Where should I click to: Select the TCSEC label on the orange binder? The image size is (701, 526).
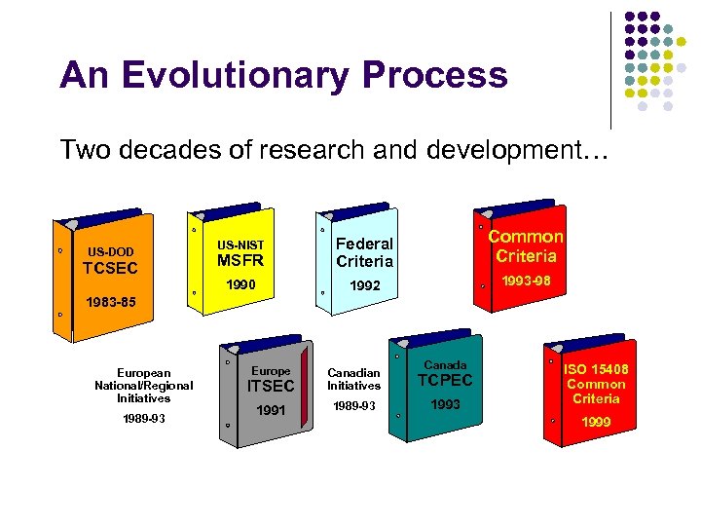click(x=110, y=268)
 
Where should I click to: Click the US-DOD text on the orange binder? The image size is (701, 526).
click(x=110, y=251)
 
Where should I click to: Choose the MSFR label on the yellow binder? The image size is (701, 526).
click(x=240, y=260)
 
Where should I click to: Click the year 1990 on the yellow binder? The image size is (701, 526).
click(x=240, y=286)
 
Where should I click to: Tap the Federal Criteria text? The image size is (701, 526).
click(x=364, y=252)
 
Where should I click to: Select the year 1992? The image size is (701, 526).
click(x=363, y=287)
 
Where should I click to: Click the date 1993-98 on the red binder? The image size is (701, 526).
click(x=526, y=281)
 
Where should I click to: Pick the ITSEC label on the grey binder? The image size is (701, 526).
click(x=270, y=387)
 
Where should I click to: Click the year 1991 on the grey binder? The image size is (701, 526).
click(x=271, y=410)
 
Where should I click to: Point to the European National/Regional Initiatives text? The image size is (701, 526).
click(x=143, y=386)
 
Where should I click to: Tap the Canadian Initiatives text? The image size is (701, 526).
click(x=353, y=380)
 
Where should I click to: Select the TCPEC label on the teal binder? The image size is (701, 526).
click(x=445, y=381)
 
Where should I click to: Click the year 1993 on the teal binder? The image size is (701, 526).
click(x=445, y=404)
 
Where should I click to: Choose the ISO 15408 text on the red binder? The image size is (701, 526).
click(x=596, y=369)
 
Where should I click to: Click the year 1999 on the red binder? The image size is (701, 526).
click(x=596, y=423)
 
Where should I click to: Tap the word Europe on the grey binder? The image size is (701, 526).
click(x=271, y=371)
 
